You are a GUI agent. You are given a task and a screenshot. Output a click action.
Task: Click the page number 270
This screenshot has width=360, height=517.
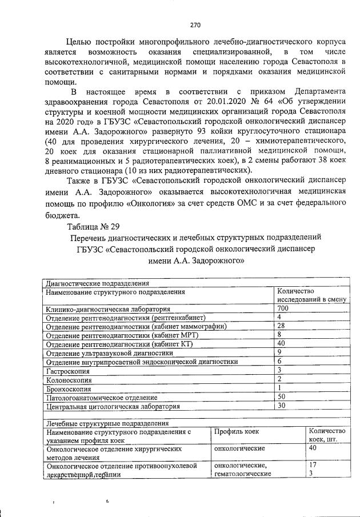[x=195, y=25]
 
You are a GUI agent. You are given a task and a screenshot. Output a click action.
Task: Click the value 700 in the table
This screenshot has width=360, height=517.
[x=283, y=308]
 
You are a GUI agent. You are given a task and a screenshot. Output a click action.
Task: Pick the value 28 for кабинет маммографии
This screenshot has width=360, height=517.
[x=281, y=326]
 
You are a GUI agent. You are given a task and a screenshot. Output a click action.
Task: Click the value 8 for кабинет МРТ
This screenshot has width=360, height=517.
[x=279, y=334]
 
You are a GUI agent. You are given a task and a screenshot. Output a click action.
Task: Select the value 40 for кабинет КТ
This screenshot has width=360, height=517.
[x=281, y=343]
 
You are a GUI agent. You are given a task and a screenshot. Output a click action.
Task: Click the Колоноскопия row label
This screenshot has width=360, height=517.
[x=68, y=379]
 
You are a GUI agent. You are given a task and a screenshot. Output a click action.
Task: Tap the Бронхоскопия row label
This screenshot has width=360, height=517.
[x=67, y=388]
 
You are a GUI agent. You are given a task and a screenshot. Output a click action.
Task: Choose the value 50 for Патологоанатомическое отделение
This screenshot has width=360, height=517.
[x=281, y=396]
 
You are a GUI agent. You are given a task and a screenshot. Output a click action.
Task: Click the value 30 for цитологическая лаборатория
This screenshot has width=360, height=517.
[x=281, y=406]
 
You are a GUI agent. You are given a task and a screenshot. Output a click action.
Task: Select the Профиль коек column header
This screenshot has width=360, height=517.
[x=237, y=432]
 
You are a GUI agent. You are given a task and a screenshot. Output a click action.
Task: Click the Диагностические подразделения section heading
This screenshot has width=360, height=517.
[x=97, y=283]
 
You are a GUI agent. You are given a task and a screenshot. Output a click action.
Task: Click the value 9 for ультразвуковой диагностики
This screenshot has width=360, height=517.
[x=279, y=352]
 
